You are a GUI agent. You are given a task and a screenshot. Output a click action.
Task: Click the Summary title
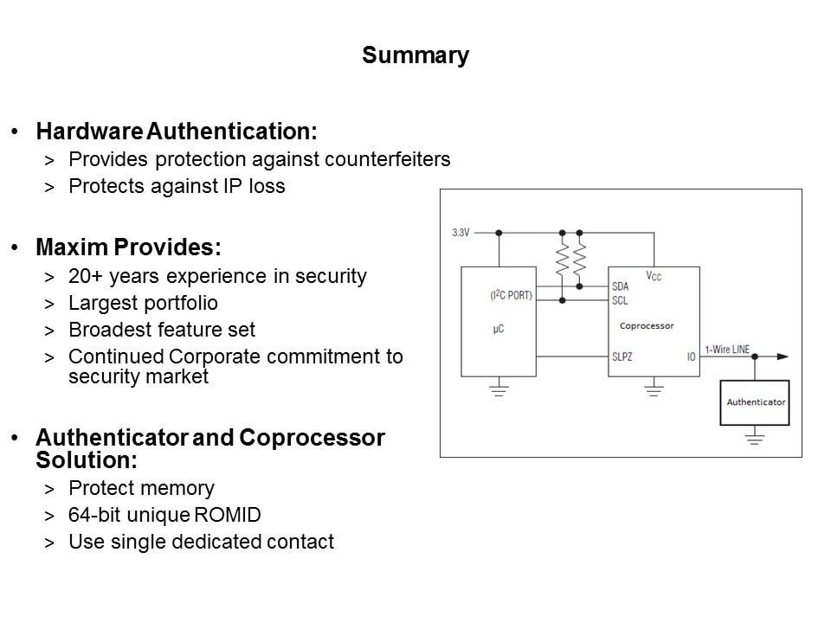click(x=415, y=56)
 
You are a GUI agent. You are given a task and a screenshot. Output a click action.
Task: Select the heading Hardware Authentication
click(x=177, y=132)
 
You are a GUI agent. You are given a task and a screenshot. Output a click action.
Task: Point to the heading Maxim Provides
click(x=128, y=247)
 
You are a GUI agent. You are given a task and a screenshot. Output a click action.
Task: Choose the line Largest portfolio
click(x=143, y=304)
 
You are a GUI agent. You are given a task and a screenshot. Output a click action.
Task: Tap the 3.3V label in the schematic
click(x=461, y=233)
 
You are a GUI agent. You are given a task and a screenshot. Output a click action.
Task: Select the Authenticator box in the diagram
click(x=755, y=402)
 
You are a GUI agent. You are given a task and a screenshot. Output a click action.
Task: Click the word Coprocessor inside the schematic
click(x=646, y=326)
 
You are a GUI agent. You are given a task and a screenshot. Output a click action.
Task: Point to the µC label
click(x=499, y=330)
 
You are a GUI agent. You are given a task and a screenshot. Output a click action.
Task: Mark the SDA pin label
click(x=620, y=286)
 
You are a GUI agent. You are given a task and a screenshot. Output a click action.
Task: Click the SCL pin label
click(x=620, y=301)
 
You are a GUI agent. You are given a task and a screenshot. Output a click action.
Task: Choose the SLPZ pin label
click(x=622, y=356)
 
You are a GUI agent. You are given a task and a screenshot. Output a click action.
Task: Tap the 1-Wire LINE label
click(x=727, y=349)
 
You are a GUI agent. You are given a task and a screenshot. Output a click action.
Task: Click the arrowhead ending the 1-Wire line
click(x=783, y=356)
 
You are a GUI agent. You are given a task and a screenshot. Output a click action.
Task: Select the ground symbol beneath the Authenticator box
click(x=755, y=439)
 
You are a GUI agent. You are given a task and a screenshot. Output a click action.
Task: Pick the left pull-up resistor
click(x=563, y=258)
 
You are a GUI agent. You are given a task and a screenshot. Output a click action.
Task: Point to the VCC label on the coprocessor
click(x=654, y=276)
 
